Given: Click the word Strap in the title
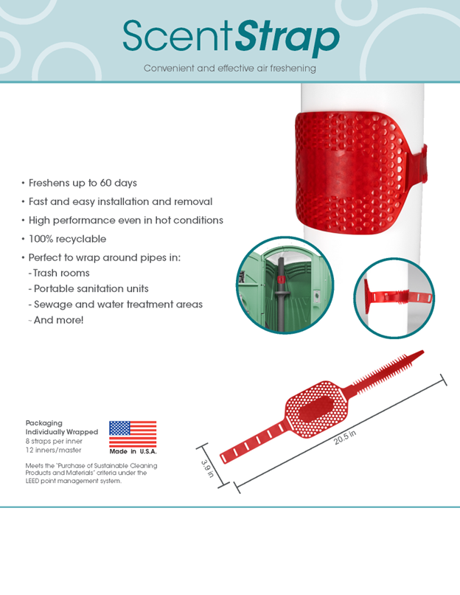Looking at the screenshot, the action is [287, 38].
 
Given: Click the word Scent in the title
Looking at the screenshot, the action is [177, 35].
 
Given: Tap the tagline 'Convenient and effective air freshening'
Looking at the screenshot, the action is [229, 69].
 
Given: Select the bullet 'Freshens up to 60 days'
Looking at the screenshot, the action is [83, 183].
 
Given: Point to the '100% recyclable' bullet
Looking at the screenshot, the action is [67, 239].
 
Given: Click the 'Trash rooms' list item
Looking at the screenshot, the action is [59, 273].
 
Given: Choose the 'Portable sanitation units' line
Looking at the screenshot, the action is [88, 289].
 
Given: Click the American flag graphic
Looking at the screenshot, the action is [133, 434].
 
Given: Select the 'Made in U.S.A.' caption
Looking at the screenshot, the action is [133, 451].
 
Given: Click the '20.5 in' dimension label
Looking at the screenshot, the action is [345, 437].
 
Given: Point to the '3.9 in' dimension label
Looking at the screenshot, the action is [207, 469].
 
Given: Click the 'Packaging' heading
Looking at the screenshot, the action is [43, 422].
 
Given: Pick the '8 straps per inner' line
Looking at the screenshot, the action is [54, 441].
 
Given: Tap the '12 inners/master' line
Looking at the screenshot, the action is [53, 450].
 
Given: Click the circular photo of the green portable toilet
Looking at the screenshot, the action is [285, 285].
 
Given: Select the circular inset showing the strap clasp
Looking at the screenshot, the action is [394, 298].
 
